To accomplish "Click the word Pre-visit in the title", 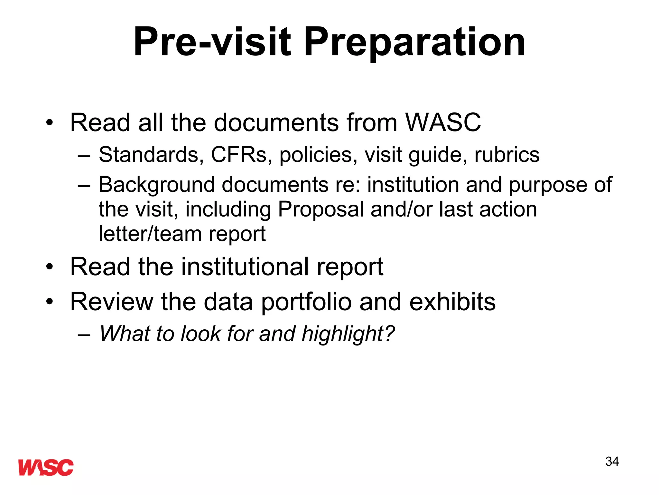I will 212,42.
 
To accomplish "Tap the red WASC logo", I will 46,467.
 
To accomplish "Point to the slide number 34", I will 612,461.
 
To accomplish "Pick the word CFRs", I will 239,155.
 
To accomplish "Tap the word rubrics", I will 507,155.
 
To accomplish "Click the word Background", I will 156,185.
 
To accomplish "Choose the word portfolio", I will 306,302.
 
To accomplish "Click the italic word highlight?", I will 348,334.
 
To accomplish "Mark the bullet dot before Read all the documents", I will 49,123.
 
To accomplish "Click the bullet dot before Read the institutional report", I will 49,267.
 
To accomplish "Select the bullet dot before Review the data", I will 49,302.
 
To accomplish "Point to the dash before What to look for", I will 84,334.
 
